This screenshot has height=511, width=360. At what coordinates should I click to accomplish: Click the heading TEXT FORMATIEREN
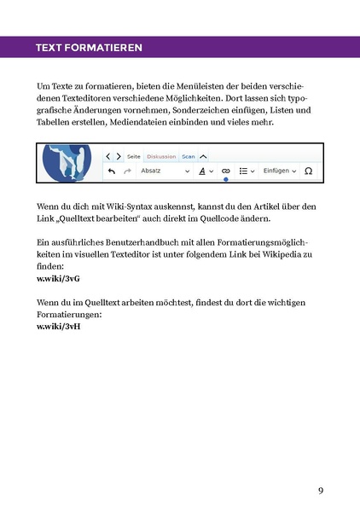(84, 47)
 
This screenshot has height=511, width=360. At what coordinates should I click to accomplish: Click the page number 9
(320, 490)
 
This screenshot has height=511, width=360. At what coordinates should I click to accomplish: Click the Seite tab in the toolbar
(134, 157)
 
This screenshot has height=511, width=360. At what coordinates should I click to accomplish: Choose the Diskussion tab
(161, 157)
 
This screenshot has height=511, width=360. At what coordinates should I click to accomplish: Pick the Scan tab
(189, 157)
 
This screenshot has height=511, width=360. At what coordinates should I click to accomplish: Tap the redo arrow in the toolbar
(127, 171)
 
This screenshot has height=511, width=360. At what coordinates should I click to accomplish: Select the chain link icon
(225, 171)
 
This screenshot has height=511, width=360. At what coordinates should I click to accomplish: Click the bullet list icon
(245, 171)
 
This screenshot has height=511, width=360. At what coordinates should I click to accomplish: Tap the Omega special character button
(308, 171)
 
